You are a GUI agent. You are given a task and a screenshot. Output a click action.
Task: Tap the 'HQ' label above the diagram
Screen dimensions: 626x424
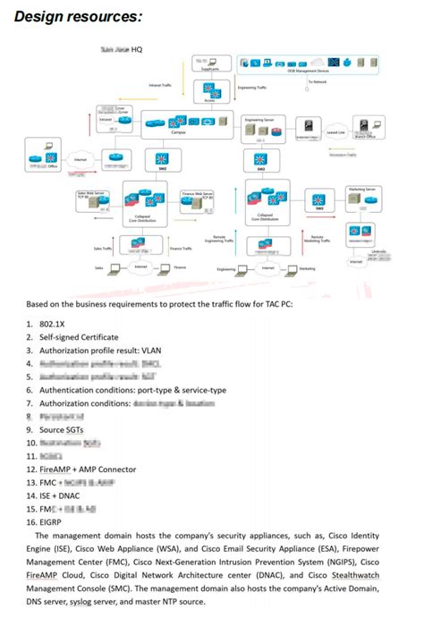[x=137, y=49]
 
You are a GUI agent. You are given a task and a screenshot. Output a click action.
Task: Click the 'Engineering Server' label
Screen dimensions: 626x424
[x=259, y=118]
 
